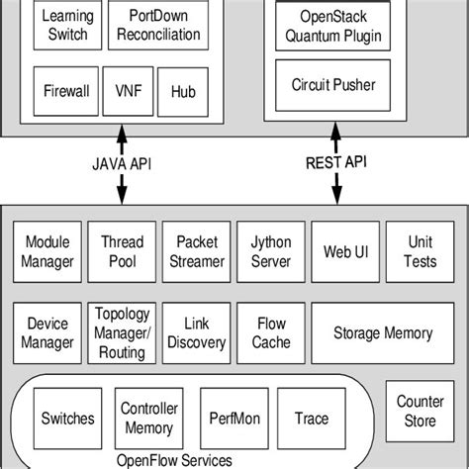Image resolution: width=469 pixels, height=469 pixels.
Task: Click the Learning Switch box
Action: (65, 27)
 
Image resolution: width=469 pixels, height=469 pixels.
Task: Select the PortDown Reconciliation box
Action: (157, 27)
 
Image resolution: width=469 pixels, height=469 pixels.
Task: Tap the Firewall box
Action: (65, 90)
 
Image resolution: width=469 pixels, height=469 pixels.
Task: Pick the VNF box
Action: (128, 90)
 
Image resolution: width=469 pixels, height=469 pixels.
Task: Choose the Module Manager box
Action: (48, 251)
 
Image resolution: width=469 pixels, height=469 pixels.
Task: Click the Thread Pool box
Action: (123, 251)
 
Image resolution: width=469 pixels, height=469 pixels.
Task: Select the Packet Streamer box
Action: (197, 251)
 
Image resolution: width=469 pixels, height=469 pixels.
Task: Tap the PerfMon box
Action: (233, 419)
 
